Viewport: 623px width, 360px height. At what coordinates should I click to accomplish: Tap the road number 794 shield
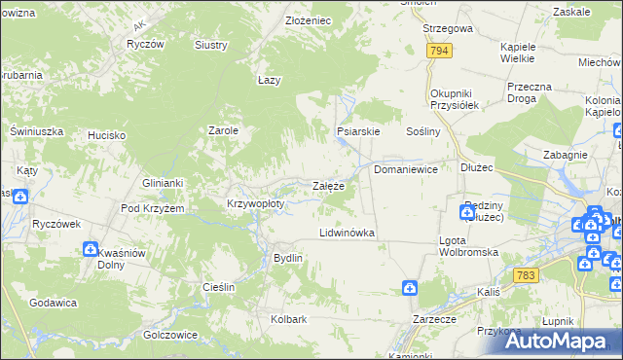click(x=439, y=51)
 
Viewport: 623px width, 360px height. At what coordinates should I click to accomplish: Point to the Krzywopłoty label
click(x=255, y=204)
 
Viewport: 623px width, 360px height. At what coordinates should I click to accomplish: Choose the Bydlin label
click(x=288, y=258)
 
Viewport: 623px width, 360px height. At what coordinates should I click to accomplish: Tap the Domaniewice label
click(x=406, y=169)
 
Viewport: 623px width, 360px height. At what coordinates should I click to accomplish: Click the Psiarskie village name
click(x=357, y=130)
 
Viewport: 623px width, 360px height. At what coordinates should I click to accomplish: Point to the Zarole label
click(x=224, y=130)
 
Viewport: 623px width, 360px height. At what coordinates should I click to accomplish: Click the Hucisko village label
click(x=107, y=136)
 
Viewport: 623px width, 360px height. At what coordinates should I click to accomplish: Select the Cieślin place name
click(x=219, y=287)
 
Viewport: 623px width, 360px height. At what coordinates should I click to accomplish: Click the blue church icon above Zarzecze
click(x=411, y=288)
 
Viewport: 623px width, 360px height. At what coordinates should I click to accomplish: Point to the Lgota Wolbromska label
click(x=468, y=246)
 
